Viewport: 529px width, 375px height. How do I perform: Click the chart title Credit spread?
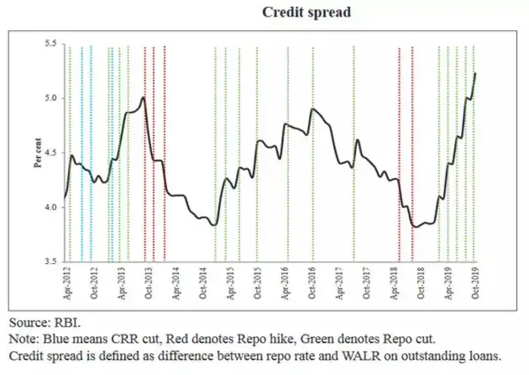pyautogui.click(x=306, y=13)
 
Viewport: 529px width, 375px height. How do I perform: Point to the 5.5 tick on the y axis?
pyautogui.click(x=51, y=44)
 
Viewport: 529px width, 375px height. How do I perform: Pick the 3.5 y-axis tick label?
pyautogui.click(x=51, y=262)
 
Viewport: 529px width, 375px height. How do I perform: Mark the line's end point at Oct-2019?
pyautogui.click(x=475, y=73)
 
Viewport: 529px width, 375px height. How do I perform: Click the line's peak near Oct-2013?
pyautogui.click(x=143, y=98)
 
